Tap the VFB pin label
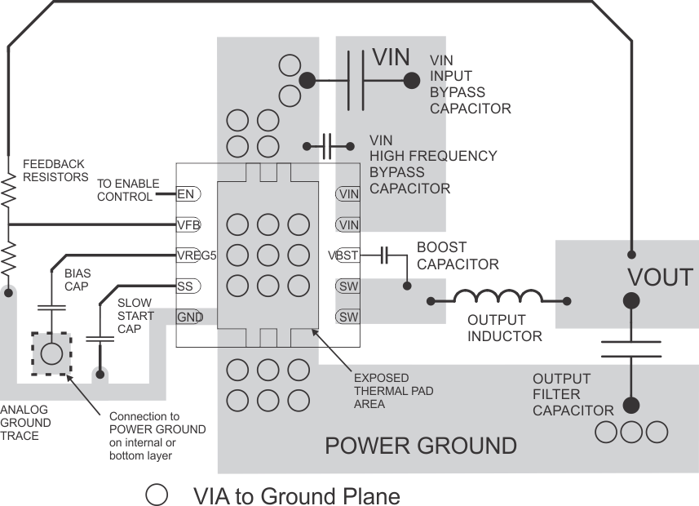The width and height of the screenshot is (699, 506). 188,224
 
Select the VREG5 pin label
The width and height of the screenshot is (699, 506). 196,255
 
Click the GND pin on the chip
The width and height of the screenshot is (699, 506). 189,317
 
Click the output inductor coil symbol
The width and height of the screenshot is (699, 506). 498,296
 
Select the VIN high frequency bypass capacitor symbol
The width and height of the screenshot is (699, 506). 328,146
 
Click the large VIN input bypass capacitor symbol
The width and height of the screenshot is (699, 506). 356,80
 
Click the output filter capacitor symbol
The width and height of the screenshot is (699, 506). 631,350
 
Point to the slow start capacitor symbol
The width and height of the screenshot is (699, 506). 100,336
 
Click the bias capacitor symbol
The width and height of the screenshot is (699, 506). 51,308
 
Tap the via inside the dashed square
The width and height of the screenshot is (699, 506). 51,353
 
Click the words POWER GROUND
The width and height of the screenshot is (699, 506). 420,446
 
